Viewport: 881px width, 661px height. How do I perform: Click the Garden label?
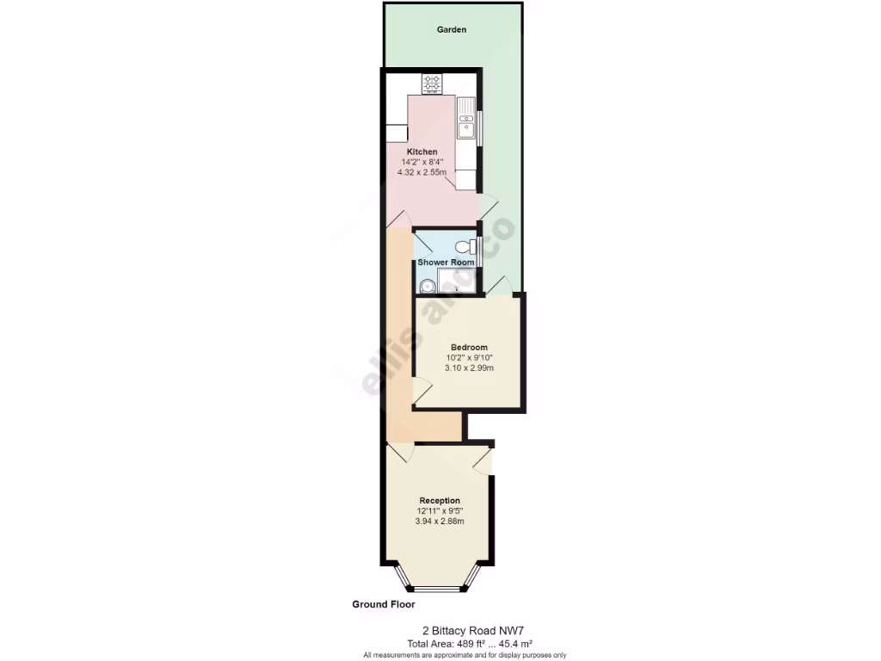pos(452,29)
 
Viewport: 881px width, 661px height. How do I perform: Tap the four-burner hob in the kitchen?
pos(432,84)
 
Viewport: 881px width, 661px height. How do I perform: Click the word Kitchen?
pos(422,151)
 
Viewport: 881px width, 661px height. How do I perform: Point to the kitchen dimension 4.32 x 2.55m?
pos(422,172)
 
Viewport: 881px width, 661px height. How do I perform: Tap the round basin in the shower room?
pos(425,287)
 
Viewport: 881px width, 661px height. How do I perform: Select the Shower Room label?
pos(446,263)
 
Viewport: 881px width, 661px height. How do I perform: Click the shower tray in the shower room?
pos(457,281)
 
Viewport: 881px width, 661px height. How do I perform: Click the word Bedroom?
pos(470,348)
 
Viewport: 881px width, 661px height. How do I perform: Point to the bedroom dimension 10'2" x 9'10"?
pos(470,358)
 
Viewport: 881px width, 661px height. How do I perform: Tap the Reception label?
pos(440,501)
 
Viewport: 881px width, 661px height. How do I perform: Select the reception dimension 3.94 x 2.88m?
pos(440,522)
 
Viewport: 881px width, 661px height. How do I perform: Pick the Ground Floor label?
pos(384,605)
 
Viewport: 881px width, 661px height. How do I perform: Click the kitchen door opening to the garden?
pos(488,207)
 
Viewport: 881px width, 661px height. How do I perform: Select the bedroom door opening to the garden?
pos(500,284)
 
